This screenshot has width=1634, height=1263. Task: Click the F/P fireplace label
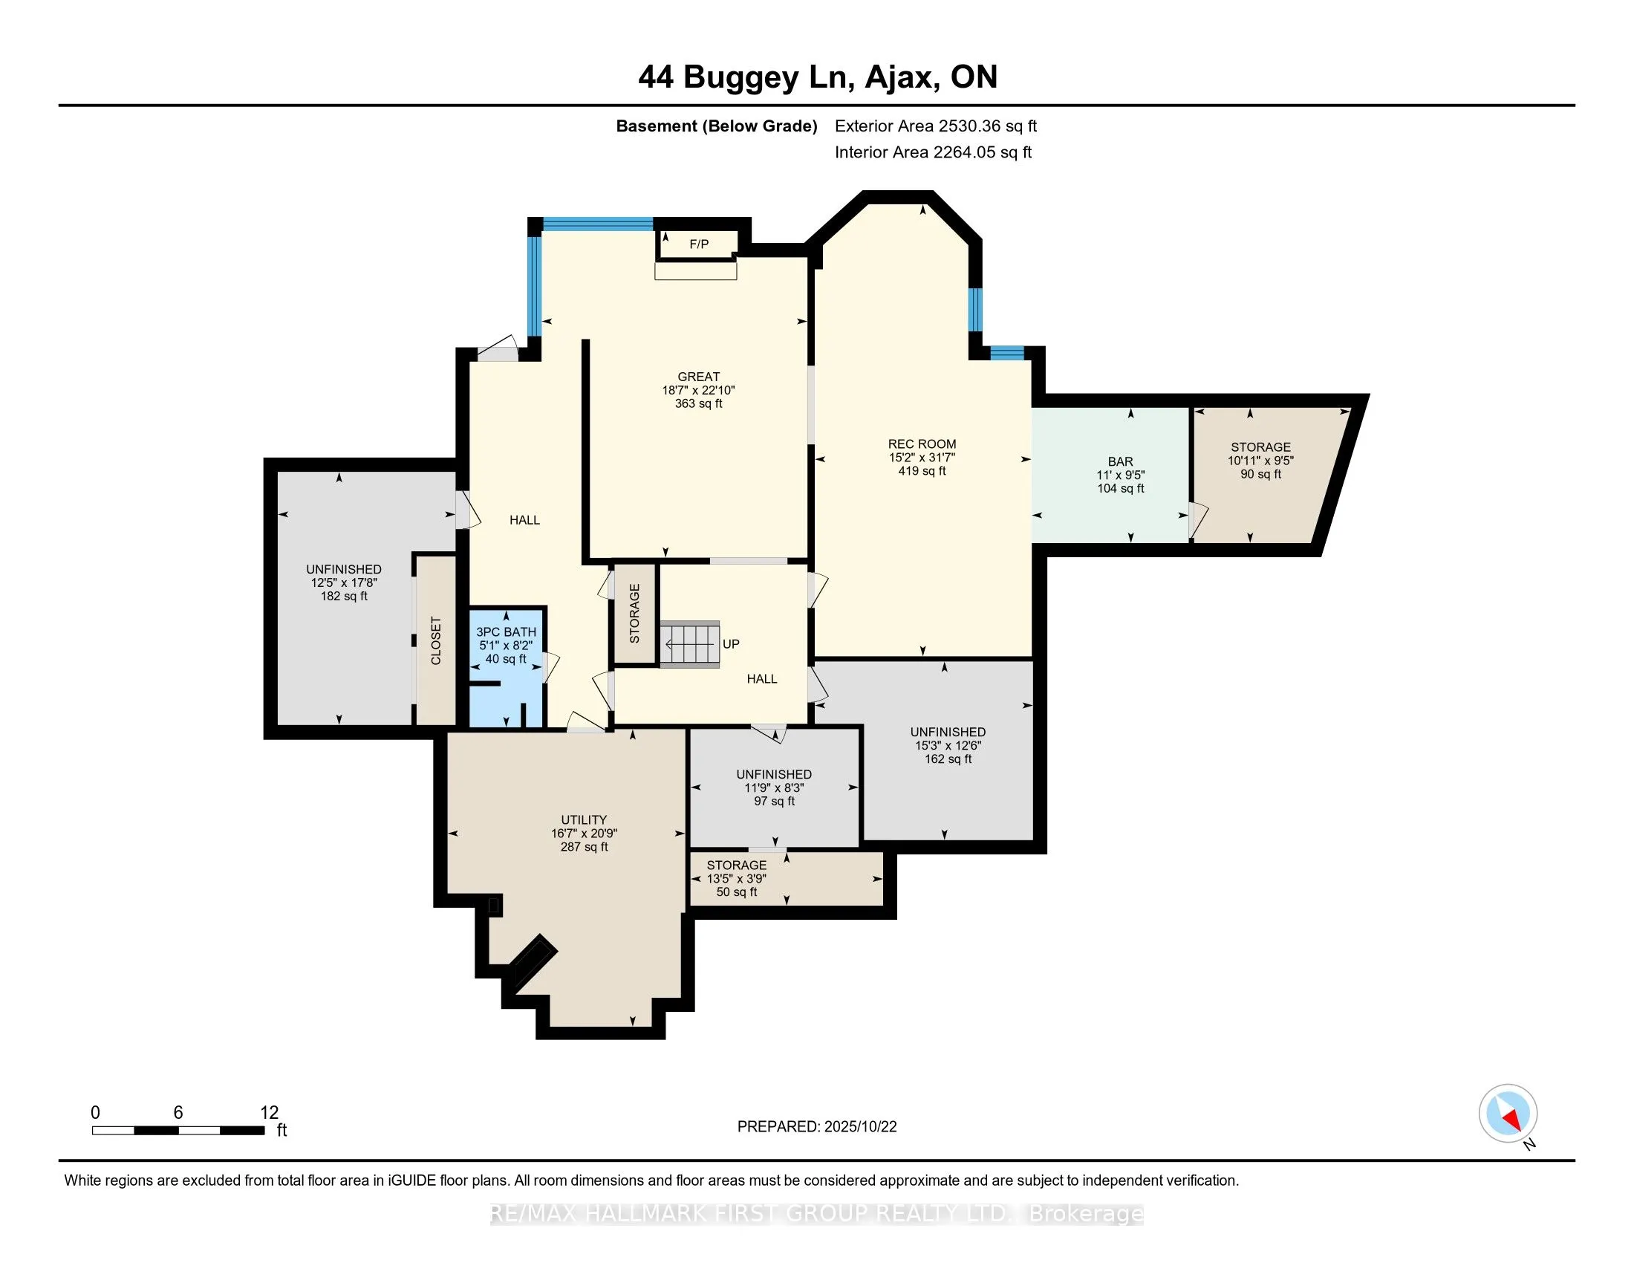pos(699,244)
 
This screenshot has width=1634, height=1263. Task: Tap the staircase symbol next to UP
pos(690,643)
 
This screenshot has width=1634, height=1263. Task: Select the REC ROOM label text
pos(922,444)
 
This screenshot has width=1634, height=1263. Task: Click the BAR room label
pos(1120,461)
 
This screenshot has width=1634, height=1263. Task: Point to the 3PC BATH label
pos(506,631)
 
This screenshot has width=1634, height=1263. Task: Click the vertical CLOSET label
pos(435,640)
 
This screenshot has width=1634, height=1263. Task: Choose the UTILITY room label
pos(584,819)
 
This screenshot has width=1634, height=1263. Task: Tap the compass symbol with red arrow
pos(1508,1114)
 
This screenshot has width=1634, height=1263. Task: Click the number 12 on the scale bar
pos(269,1113)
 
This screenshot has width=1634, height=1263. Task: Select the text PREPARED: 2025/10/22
pos(816,1126)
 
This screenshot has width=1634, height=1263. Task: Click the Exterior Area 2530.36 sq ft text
pos(935,126)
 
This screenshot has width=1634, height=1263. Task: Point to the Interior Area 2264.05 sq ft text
pos(933,152)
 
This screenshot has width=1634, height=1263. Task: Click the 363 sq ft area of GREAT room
pos(698,403)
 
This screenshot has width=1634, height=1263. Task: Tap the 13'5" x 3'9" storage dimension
pos(736,878)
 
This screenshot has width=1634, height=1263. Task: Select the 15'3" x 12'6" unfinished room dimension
pos(947,745)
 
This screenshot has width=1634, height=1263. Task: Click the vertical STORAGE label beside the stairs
pos(634,614)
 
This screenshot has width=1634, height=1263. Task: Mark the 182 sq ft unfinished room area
pos(343,597)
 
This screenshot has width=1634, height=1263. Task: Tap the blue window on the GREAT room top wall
pos(597,223)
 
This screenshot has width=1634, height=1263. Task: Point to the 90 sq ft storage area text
pos(1260,474)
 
